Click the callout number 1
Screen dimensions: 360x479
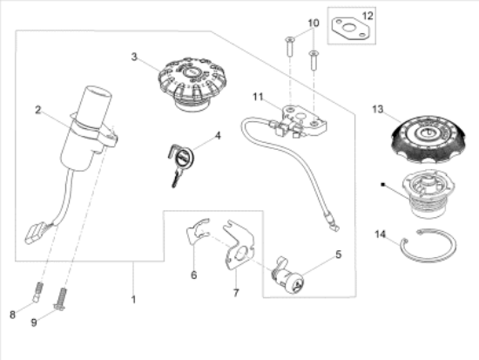point(133,299)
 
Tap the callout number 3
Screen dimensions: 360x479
point(135,57)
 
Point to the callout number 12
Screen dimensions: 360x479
point(367,17)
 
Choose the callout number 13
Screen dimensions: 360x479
point(377,109)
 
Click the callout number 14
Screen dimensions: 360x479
point(380,234)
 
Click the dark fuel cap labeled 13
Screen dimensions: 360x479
point(426,139)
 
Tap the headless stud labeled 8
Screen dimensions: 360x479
point(38,292)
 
